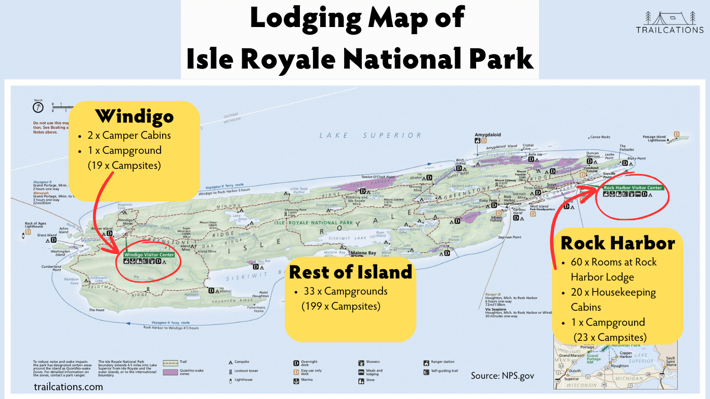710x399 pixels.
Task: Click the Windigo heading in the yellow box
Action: pyautogui.click(x=135, y=116)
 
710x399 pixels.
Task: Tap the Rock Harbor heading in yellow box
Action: pyautogui.click(x=617, y=243)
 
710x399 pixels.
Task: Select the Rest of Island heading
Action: pyautogui.click(x=350, y=272)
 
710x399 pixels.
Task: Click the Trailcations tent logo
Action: pyautogui.click(x=669, y=18)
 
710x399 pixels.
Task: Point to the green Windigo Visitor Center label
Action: pyautogui.click(x=149, y=255)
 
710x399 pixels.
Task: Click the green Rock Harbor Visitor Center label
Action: pyautogui.click(x=633, y=188)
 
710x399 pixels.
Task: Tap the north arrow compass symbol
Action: pyautogui.click(x=38, y=108)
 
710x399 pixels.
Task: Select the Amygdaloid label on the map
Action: pyautogui.click(x=488, y=134)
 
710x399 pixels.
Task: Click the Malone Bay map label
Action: pyautogui.click(x=364, y=253)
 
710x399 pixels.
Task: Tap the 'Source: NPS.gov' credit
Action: pyautogui.click(x=502, y=375)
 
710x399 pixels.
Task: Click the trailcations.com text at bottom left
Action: pyautogui.click(x=68, y=387)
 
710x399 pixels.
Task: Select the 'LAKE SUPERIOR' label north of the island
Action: pyautogui.click(x=370, y=135)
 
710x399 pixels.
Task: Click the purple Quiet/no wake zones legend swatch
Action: pyautogui.click(x=170, y=372)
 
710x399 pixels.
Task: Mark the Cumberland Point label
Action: pyautogui.click(x=51, y=268)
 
